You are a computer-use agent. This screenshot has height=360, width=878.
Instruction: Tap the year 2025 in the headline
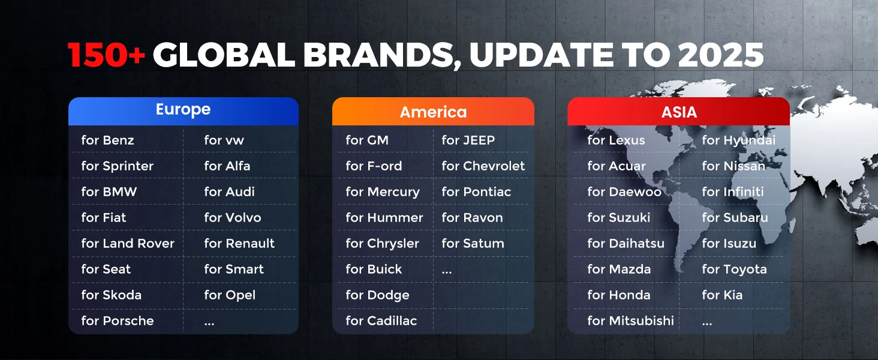point(721,55)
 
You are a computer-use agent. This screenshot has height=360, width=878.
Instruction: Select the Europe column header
point(183,109)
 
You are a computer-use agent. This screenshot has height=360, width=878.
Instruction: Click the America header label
point(433,112)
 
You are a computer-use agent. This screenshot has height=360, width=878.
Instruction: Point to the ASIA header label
point(679,112)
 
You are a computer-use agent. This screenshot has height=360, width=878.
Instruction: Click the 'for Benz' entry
point(107,140)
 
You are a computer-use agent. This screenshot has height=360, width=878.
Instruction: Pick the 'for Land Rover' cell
point(128,243)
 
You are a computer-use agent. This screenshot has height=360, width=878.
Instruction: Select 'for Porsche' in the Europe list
point(117,320)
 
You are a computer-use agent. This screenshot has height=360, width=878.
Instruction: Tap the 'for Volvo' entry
point(233,217)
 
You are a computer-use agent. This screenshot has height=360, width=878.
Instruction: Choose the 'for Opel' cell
point(230,295)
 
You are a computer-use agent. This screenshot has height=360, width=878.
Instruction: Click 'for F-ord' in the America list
point(374,166)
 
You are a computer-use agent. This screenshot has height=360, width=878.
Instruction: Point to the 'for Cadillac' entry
point(381,320)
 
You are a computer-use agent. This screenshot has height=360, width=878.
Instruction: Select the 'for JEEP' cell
point(468,140)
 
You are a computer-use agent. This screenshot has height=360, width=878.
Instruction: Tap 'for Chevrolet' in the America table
point(483,166)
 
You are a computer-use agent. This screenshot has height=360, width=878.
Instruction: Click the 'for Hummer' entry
point(384,217)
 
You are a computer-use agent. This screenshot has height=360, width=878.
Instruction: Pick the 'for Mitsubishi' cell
point(630,320)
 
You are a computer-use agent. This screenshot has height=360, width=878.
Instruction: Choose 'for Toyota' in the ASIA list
point(734,269)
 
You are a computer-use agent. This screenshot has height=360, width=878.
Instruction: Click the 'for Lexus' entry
point(616,140)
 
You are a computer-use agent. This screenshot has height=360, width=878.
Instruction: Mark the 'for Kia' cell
point(722,295)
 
